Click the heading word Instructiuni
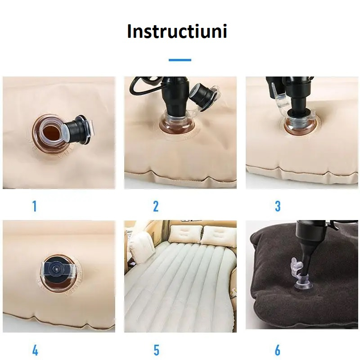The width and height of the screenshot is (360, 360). point(177,31)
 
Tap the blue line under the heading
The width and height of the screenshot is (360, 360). point(180,60)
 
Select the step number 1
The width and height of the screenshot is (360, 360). point(34,206)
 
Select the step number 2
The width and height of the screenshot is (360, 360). point(156,206)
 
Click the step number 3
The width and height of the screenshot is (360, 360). point(278,206)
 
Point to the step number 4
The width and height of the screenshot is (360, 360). point(35,350)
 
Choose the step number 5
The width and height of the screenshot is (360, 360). point(156,350)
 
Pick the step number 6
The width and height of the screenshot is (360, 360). point(278,350)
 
